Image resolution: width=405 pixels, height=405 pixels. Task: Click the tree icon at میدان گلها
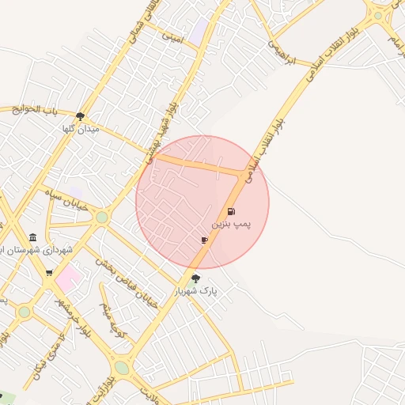click(x=80, y=116)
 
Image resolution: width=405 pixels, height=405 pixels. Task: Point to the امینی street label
click(x=172, y=36)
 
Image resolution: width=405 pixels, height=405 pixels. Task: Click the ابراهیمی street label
click(x=281, y=53)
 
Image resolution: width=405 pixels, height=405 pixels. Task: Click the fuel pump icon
click(x=231, y=212)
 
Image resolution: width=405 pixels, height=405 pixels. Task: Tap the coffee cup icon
click(x=204, y=240)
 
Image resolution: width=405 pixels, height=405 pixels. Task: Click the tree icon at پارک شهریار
click(x=195, y=278)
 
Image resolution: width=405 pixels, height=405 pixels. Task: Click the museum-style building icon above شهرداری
click(x=32, y=237)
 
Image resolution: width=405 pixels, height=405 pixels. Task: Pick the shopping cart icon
click(x=50, y=273)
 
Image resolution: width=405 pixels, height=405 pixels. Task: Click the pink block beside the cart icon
click(x=68, y=277)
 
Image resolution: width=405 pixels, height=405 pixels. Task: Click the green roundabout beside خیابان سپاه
click(x=101, y=217)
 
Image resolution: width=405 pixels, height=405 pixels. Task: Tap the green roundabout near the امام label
click(x=378, y=15)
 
